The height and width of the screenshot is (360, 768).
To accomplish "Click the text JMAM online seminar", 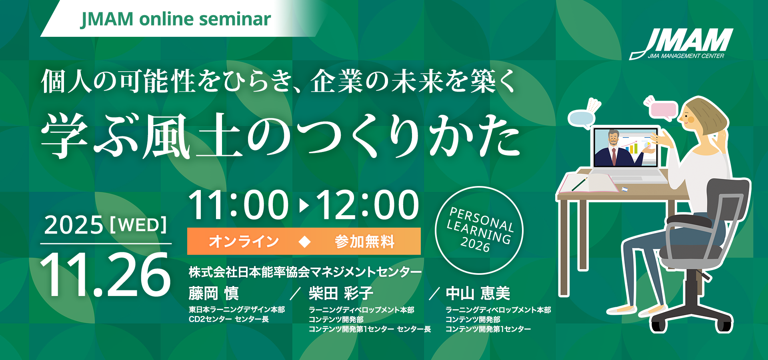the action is [176, 19].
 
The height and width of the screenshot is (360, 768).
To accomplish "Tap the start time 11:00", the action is [238, 205].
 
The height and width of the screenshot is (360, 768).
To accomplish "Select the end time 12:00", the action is [367, 205].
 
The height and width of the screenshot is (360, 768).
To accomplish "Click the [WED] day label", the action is [138, 225].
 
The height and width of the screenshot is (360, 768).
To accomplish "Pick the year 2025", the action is [74, 225].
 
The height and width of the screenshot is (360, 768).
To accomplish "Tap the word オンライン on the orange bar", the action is [244, 241].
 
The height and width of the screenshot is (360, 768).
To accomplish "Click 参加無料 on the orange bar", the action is [364, 241].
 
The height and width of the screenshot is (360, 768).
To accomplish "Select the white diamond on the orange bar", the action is [305, 241].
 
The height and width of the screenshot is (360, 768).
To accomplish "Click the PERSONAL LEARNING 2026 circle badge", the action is [479, 230].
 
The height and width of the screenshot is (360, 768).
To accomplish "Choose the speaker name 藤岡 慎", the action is [214, 293].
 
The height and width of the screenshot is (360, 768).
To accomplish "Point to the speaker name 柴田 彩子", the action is [341, 293].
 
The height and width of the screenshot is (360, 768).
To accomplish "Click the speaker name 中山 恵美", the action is [478, 293].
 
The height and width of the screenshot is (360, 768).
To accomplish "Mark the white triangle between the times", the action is [304, 206].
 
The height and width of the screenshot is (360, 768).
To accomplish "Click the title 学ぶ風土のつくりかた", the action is [281, 136].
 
